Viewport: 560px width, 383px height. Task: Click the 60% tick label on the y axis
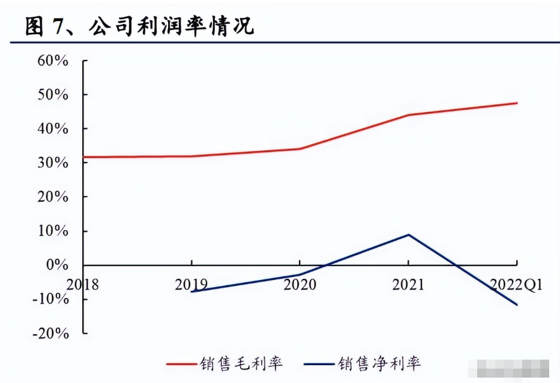[53, 61]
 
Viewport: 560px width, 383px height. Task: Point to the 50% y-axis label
[53, 95]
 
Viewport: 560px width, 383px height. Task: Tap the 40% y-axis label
[53, 129]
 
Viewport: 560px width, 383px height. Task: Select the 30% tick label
[53, 163]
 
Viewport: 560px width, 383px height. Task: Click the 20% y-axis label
[53, 197]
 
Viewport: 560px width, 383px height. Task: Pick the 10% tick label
[53, 231]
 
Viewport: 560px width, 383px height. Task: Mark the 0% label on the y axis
[58, 265]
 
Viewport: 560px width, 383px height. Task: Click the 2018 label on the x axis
[83, 284]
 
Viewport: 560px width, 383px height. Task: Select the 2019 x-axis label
[191, 284]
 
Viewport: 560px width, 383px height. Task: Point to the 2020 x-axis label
[300, 284]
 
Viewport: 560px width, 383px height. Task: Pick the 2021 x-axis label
[408, 284]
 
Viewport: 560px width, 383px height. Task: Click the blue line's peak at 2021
[408, 234]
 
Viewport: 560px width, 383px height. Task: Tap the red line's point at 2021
[408, 114]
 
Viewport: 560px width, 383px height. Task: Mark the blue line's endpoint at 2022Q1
[517, 304]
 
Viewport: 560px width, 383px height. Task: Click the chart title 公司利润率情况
[171, 26]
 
